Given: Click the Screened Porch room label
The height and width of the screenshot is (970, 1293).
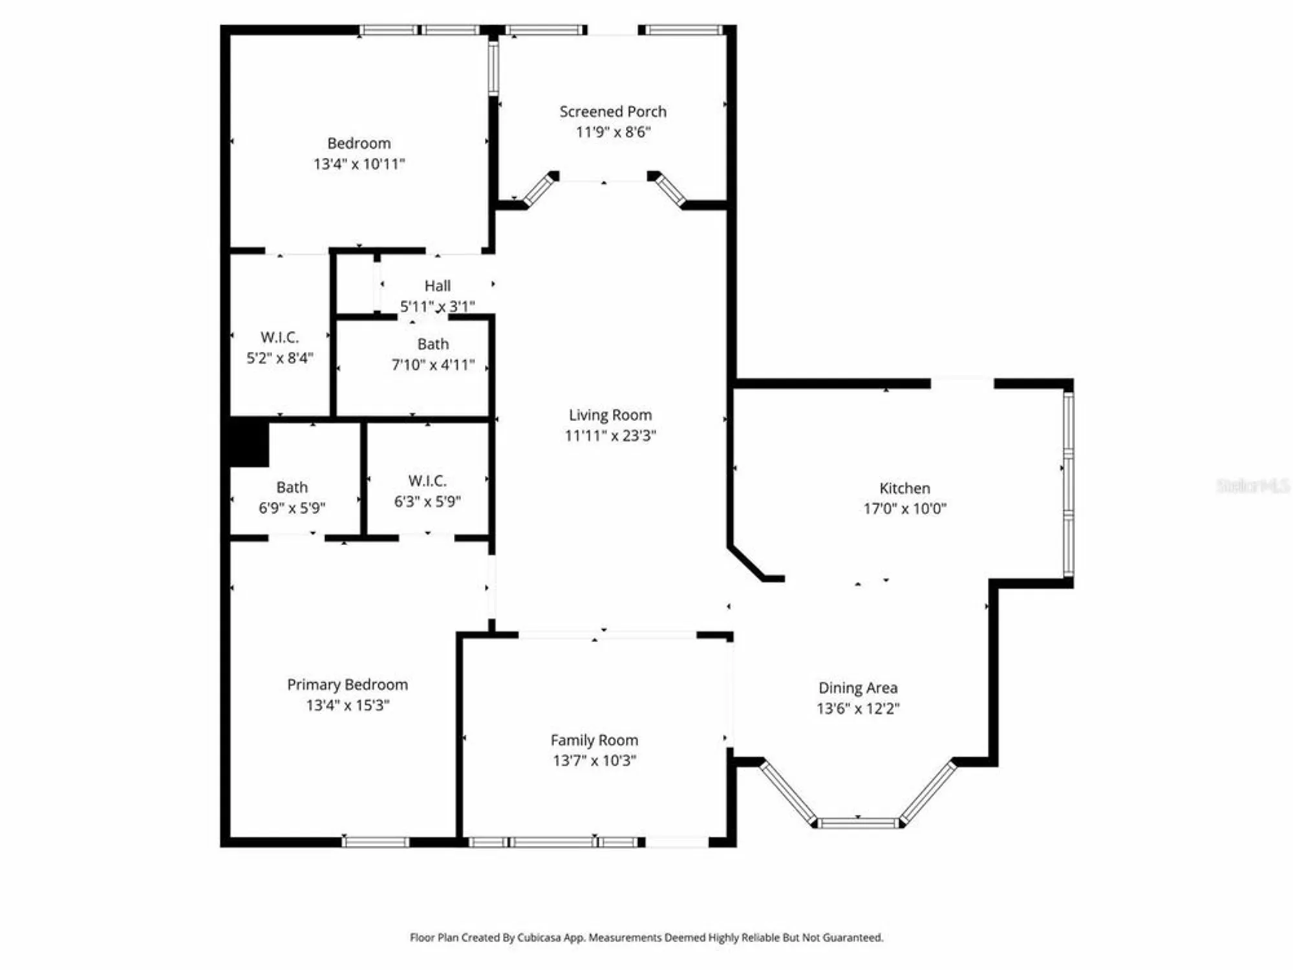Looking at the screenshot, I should click(612, 112).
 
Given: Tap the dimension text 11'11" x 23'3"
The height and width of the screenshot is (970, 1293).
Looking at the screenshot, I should click(610, 436).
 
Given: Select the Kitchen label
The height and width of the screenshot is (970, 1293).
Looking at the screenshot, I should click(904, 488).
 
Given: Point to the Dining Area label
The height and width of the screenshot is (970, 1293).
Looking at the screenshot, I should click(857, 688).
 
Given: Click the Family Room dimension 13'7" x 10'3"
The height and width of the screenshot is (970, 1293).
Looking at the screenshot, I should click(594, 760).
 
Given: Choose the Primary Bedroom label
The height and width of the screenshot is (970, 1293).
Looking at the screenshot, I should click(347, 685).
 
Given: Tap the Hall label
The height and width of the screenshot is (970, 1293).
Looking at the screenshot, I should click(437, 286).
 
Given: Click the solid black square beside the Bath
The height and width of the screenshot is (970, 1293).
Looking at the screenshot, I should click(249, 442).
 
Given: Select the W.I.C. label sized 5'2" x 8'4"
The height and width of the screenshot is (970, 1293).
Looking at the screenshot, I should click(279, 338).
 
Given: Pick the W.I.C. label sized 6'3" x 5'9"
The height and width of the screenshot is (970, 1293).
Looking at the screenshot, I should click(427, 481).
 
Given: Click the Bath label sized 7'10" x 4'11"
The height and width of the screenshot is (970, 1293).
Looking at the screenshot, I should click(433, 345).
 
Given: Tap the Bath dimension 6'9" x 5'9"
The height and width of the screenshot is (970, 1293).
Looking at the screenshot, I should click(292, 508).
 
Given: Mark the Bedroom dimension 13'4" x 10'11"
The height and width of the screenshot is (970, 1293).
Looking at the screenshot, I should click(359, 164).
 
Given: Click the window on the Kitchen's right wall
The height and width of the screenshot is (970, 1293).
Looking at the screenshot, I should click(1068, 485).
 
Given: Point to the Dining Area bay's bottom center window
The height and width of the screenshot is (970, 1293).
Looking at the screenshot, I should click(857, 823).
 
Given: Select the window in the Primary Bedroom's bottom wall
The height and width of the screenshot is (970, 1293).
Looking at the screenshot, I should click(376, 842).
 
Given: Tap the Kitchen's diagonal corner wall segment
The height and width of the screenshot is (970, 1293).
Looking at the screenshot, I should click(747, 562).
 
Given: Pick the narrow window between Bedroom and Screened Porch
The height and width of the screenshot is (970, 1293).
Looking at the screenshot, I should click(493, 68).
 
